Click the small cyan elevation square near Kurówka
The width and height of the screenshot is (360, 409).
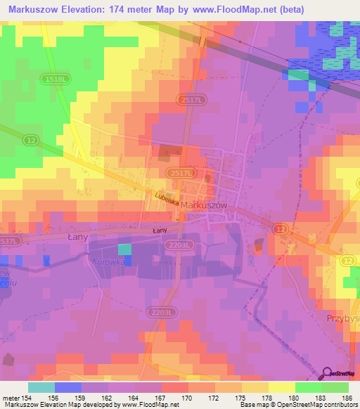coord(124,249)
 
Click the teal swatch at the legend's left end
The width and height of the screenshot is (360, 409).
coord(41,387)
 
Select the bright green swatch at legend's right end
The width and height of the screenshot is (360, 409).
coord(335,387)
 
